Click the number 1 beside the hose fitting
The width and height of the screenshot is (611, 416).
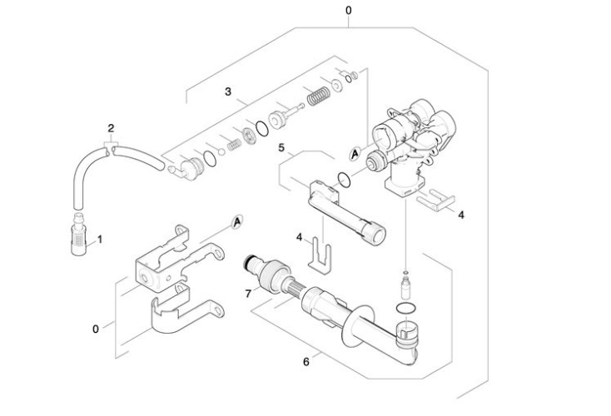[x=100, y=239]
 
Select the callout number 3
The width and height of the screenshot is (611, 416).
[x=227, y=92]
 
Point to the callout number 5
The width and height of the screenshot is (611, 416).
[x=281, y=147]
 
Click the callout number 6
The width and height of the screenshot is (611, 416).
[x=306, y=361]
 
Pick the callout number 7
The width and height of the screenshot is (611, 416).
[x=247, y=293]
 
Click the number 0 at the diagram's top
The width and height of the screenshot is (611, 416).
[x=348, y=10]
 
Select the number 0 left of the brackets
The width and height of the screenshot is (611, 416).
[x=95, y=329]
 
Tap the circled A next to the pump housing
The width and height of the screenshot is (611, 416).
[x=355, y=154]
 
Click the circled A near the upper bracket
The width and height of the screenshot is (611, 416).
[x=237, y=221]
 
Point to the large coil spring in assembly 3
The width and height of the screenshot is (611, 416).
[x=317, y=96]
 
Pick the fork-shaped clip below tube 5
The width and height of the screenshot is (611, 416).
[x=319, y=255]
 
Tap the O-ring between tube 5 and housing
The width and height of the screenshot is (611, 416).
[x=342, y=176]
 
